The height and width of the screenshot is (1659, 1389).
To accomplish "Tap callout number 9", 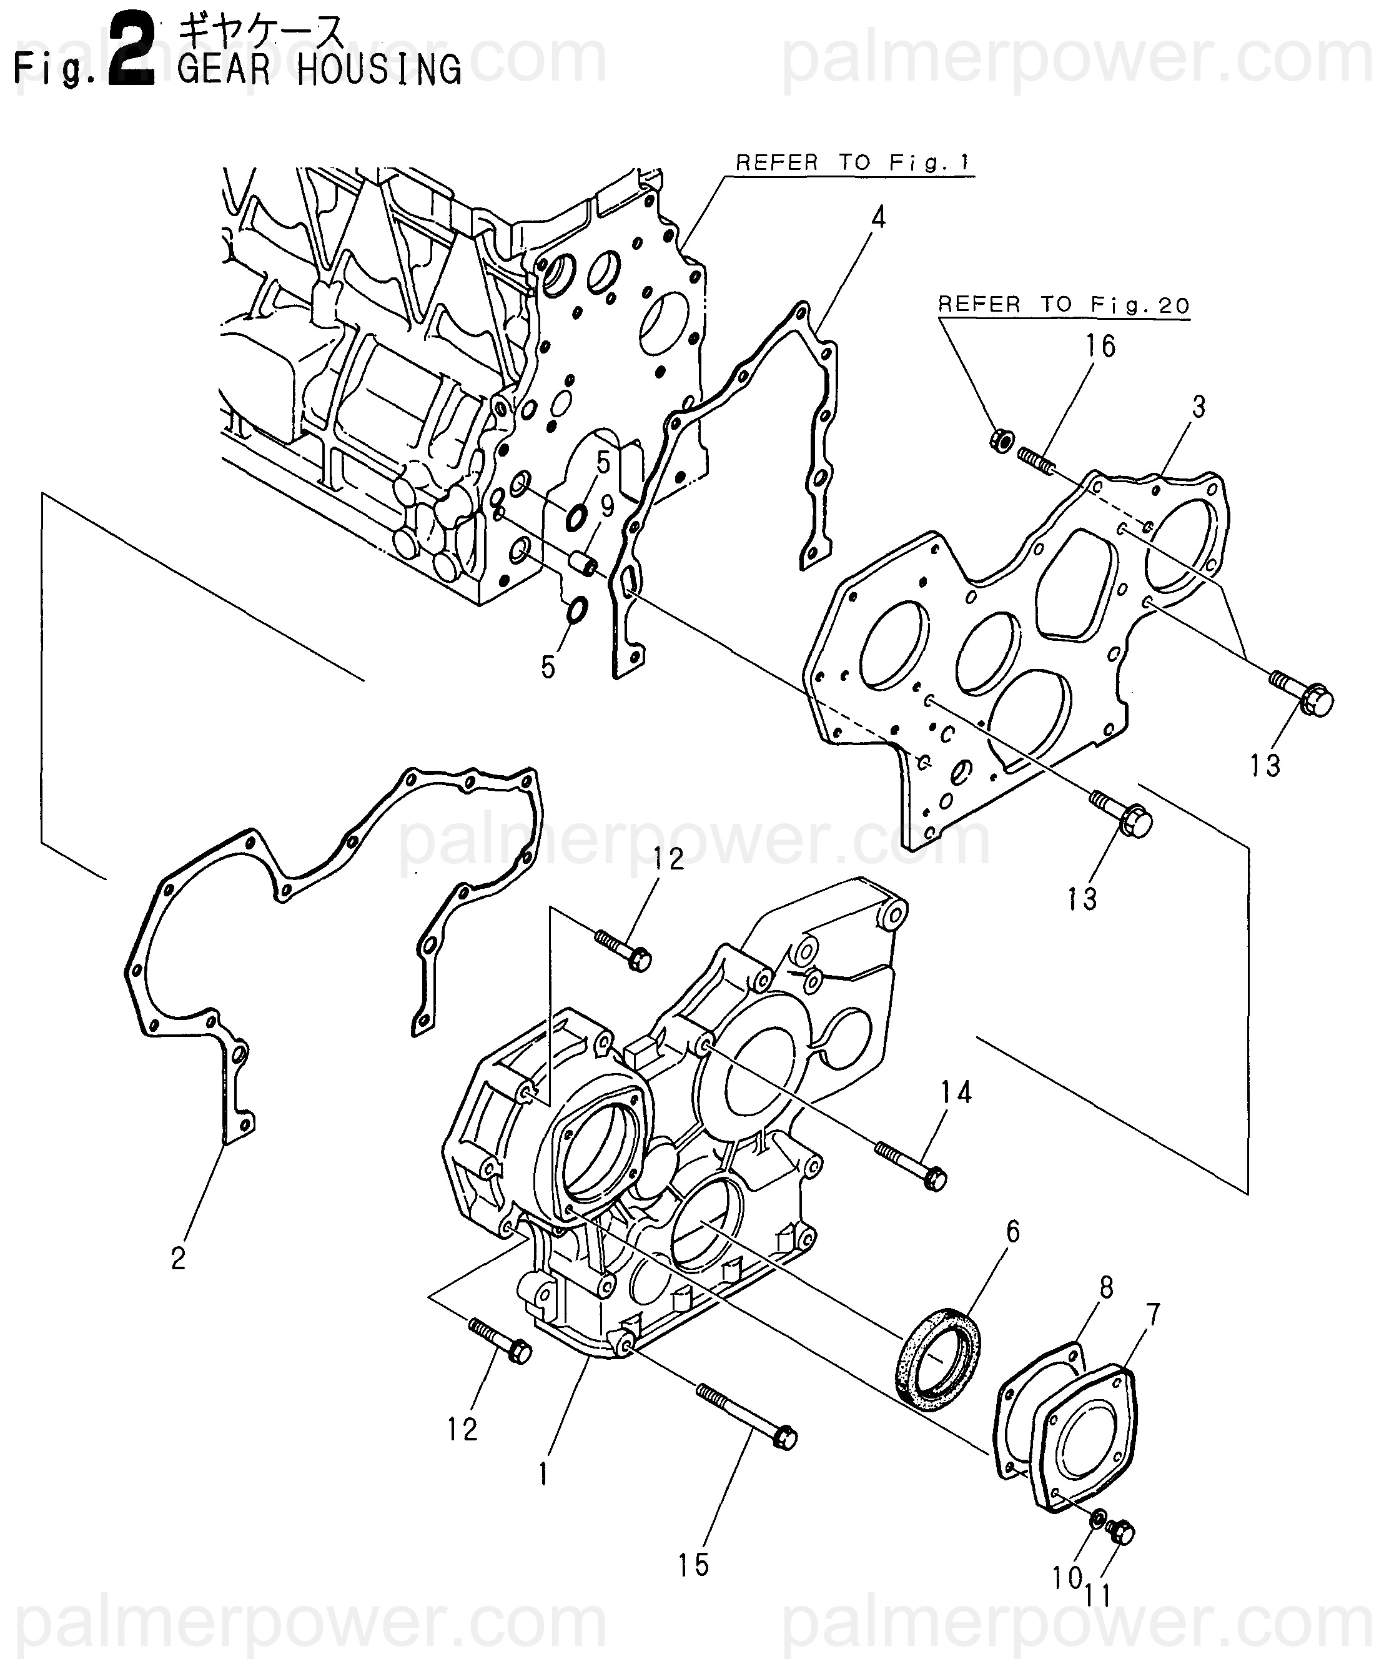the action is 607,507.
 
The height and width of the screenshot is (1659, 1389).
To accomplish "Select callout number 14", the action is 955,1092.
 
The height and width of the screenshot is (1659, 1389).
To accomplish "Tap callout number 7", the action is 1153,1314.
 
